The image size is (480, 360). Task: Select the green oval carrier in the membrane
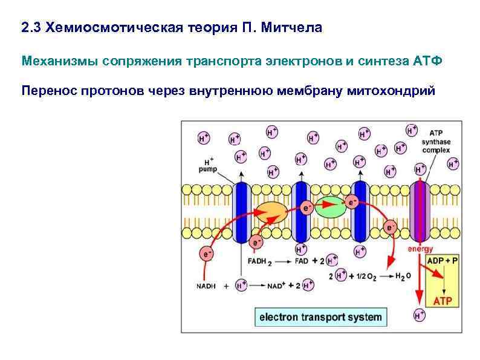click(x=330, y=207)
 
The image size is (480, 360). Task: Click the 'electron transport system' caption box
click(x=320, y=316)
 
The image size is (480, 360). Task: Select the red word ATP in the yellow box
click(x=444, y=300)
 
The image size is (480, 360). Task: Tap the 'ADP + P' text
click(x=444, y=260)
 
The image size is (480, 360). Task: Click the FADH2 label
click(x=259, y=262)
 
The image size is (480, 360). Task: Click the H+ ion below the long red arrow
click(x=419, y=315)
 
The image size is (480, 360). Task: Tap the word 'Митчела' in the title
click(x=293, y=28)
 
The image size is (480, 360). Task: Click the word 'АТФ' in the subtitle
click(x=425, y=61)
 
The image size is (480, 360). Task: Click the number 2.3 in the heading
click(x=31, y=28)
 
